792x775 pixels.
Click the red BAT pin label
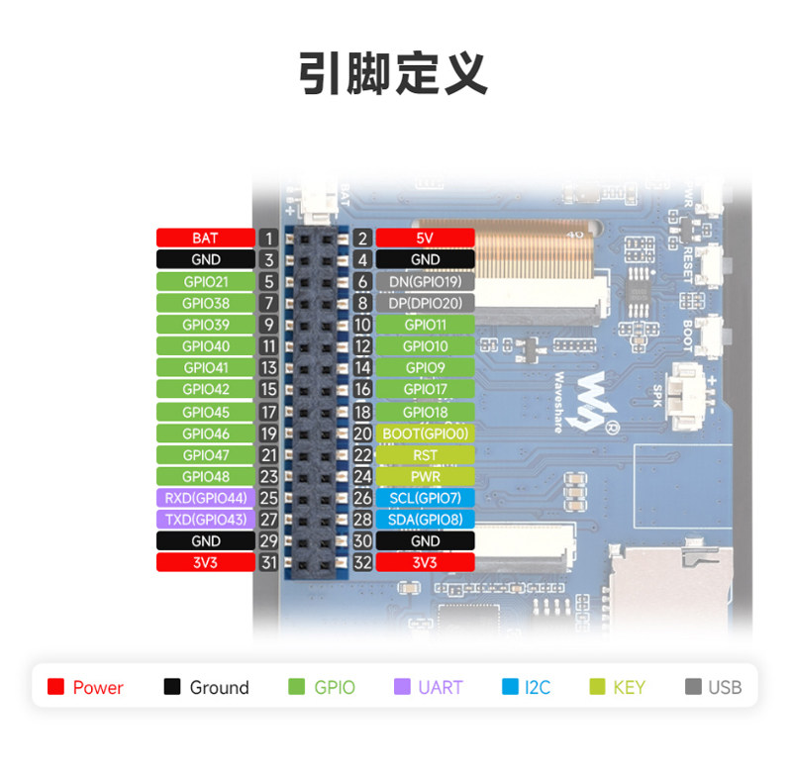click(x=206, y=238)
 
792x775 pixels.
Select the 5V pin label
click(x=426, y=238)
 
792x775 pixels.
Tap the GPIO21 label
click(x=206, y=282)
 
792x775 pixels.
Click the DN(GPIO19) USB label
click(x=426, y=282)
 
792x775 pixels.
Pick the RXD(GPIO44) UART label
click(x=206, y=498)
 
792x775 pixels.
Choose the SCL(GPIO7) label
click(x=426, y=498)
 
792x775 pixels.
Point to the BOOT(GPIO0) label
click(x=426, y=434)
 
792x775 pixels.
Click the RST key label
click(x=426, y=455)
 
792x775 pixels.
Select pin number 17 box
click(x=268, y=412)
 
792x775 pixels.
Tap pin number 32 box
click(x=362, y=562)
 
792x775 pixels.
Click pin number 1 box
click(x=268, y=238)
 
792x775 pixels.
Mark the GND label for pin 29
click(x=206, y=540)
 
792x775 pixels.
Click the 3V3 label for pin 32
click(x=426, y=562)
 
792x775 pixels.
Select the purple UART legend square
click(x=402, y=687)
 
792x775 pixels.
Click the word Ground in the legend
click(x=219, y=687)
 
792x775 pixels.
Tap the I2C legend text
click(x=538, y=687)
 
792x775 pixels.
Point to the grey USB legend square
click(x=693, y=687)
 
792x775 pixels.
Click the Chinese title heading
click(x=393, y=73)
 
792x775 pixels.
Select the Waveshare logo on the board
click(x=588, y=403)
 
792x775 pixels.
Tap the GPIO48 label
click(x=206, y=477)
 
